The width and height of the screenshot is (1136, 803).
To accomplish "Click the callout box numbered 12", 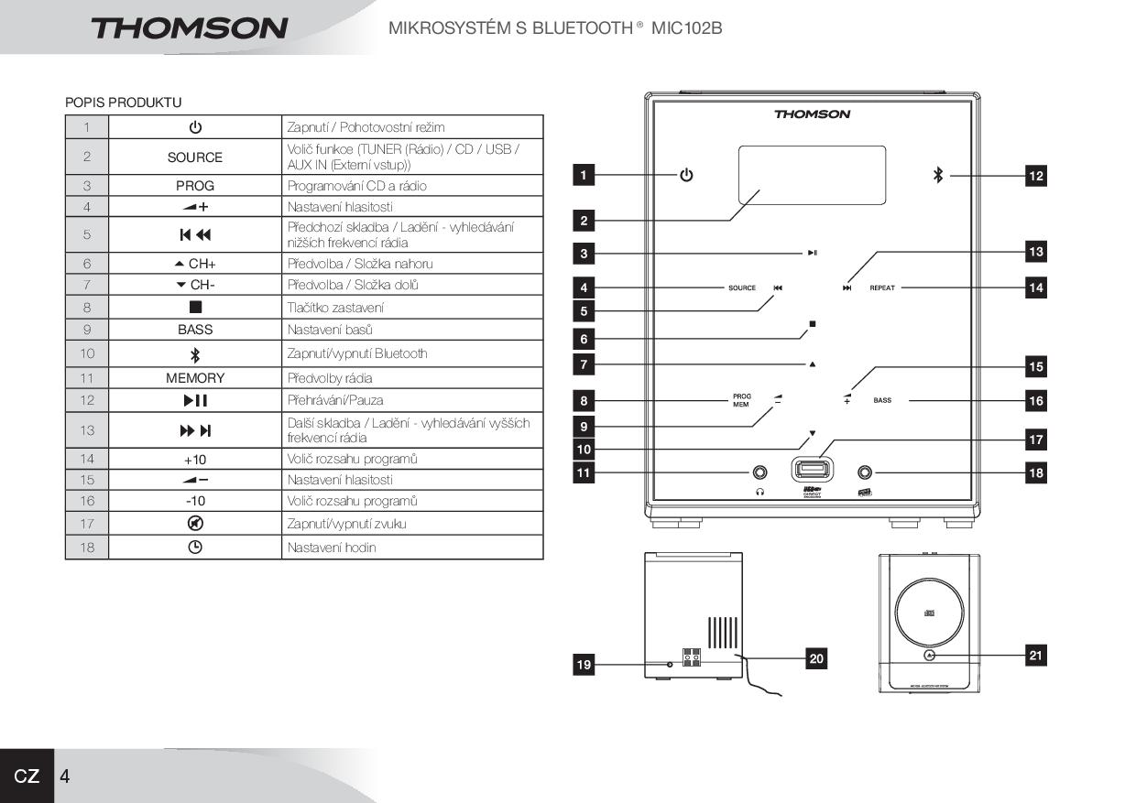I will [x=1035, y=176].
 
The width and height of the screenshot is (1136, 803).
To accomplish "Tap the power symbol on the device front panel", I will [x=686, y=175].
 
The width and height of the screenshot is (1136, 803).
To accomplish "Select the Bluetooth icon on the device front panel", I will [x=937, y=175].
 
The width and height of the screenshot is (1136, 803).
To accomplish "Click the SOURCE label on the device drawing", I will [x=742, y=288].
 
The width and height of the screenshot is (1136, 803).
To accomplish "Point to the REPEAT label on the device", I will [x=882, y=288].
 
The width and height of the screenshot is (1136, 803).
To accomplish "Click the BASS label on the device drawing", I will [x=882, y=400].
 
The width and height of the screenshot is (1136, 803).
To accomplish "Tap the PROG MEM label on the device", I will [x=741, y=400].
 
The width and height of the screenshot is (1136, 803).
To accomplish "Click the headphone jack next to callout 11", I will [x=759, y=472].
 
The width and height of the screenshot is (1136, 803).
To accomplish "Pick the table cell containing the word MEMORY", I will [x=195, y=378].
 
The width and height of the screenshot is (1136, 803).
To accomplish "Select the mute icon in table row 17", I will [x=195, y=524].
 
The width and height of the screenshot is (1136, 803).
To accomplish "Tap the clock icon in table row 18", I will [x=195, y=548].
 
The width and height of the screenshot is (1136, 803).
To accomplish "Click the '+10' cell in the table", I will [x=195, y=459].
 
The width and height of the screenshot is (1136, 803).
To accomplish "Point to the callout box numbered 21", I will [x=1035, y=655].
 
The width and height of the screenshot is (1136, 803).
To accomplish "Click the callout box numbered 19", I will [x=584, y=666].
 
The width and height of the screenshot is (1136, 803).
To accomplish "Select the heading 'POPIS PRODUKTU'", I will [x=123, y=103].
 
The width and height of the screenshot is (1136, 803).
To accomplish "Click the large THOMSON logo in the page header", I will [x=189, y=27].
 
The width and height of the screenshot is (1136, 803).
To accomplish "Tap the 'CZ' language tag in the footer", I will [x=27, y=776].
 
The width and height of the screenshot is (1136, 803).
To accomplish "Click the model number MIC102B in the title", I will [x=686, y=28].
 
